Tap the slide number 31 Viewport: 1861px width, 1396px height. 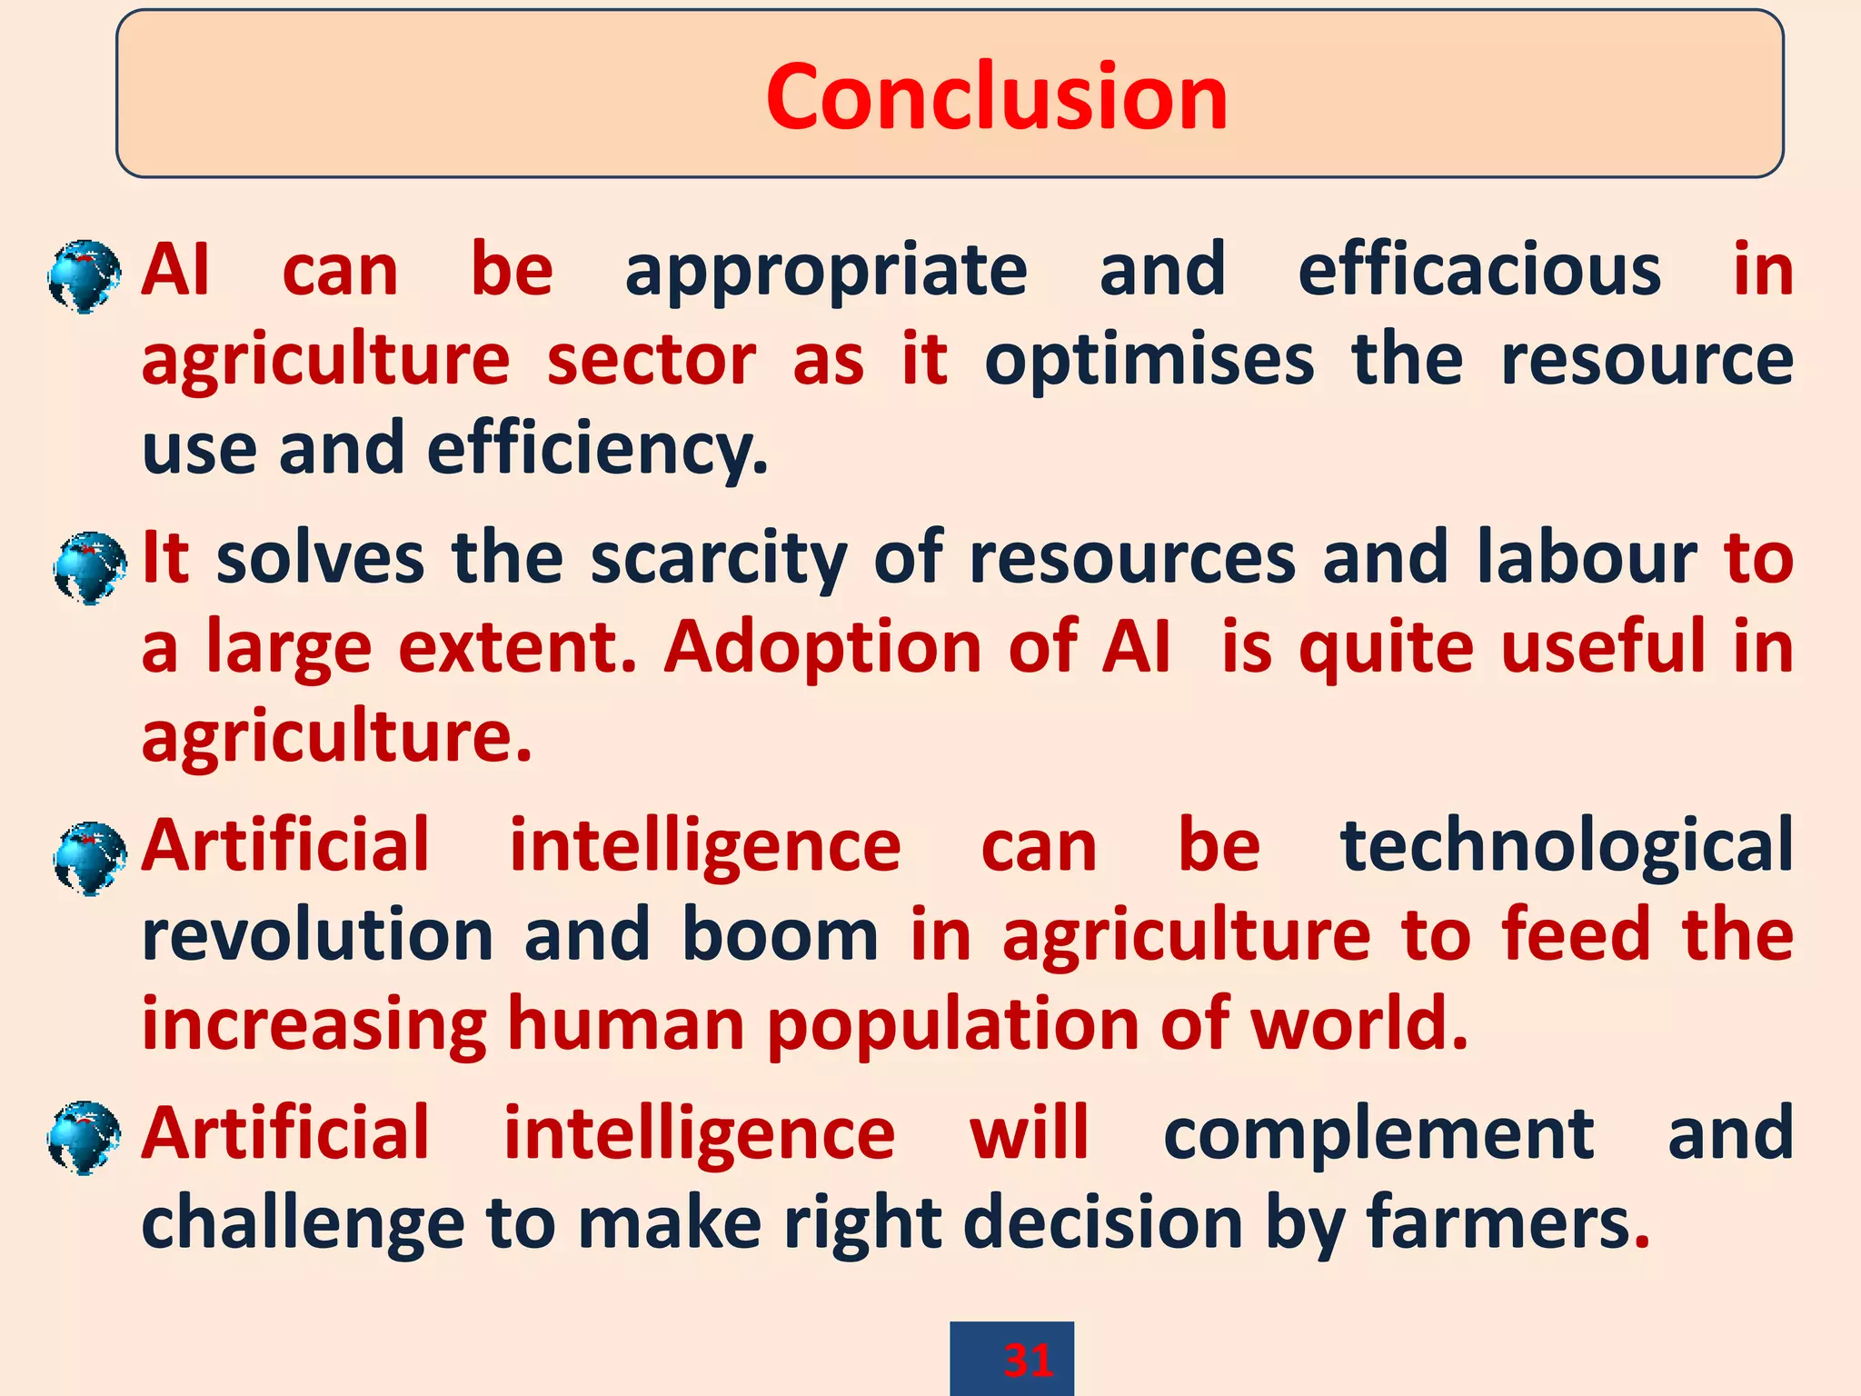[x=1028, y=1361]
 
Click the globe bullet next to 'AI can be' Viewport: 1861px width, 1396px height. [x=84, y=276]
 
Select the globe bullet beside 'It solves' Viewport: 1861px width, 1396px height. [x=89, y=568]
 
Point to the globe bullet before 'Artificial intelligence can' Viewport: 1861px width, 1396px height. [x=89, y=858]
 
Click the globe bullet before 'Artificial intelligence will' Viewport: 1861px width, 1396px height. [x=84, y=1138]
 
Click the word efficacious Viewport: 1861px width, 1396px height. [x=1479, y=270]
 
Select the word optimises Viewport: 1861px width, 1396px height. [x=1149, y=361]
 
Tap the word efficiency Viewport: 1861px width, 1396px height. [x=596, y=449]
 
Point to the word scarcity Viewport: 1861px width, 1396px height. [x=718, y=558]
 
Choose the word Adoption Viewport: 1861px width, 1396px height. [x=822, y=647]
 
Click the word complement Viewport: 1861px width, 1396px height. [x=1378, y=1133]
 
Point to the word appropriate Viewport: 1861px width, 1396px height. [x=825, y=272]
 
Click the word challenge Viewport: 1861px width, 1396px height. [x=303, y=1224]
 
